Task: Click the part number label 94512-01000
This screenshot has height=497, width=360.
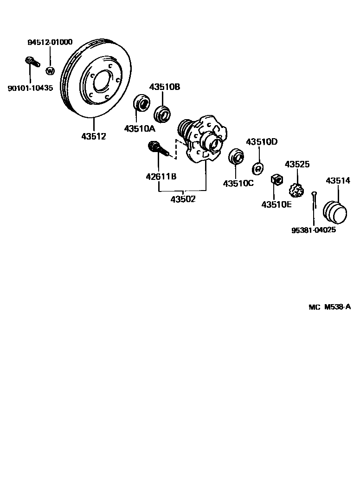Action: coord(50,42)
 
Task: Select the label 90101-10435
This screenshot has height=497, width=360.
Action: coord(30,88)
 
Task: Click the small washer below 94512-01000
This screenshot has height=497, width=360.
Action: coord(50,71)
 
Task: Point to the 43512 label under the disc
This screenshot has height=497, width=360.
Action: coord(94,136)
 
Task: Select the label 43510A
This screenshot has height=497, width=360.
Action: coord(139,128)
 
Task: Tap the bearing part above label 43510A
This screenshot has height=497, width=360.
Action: coord(141,103)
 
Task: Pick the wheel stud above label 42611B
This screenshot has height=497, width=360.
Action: coord(157,149)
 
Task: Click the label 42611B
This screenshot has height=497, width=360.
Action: coord(160,176)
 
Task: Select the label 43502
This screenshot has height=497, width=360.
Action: coord(183,199)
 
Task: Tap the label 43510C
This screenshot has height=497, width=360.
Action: coord(238,183)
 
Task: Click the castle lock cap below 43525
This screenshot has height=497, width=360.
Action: coord(296,190)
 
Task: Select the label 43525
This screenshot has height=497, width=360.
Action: coord(297,165)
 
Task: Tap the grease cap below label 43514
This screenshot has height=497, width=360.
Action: coord(334,212)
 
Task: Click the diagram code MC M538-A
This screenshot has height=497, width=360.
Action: coord(329,307)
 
